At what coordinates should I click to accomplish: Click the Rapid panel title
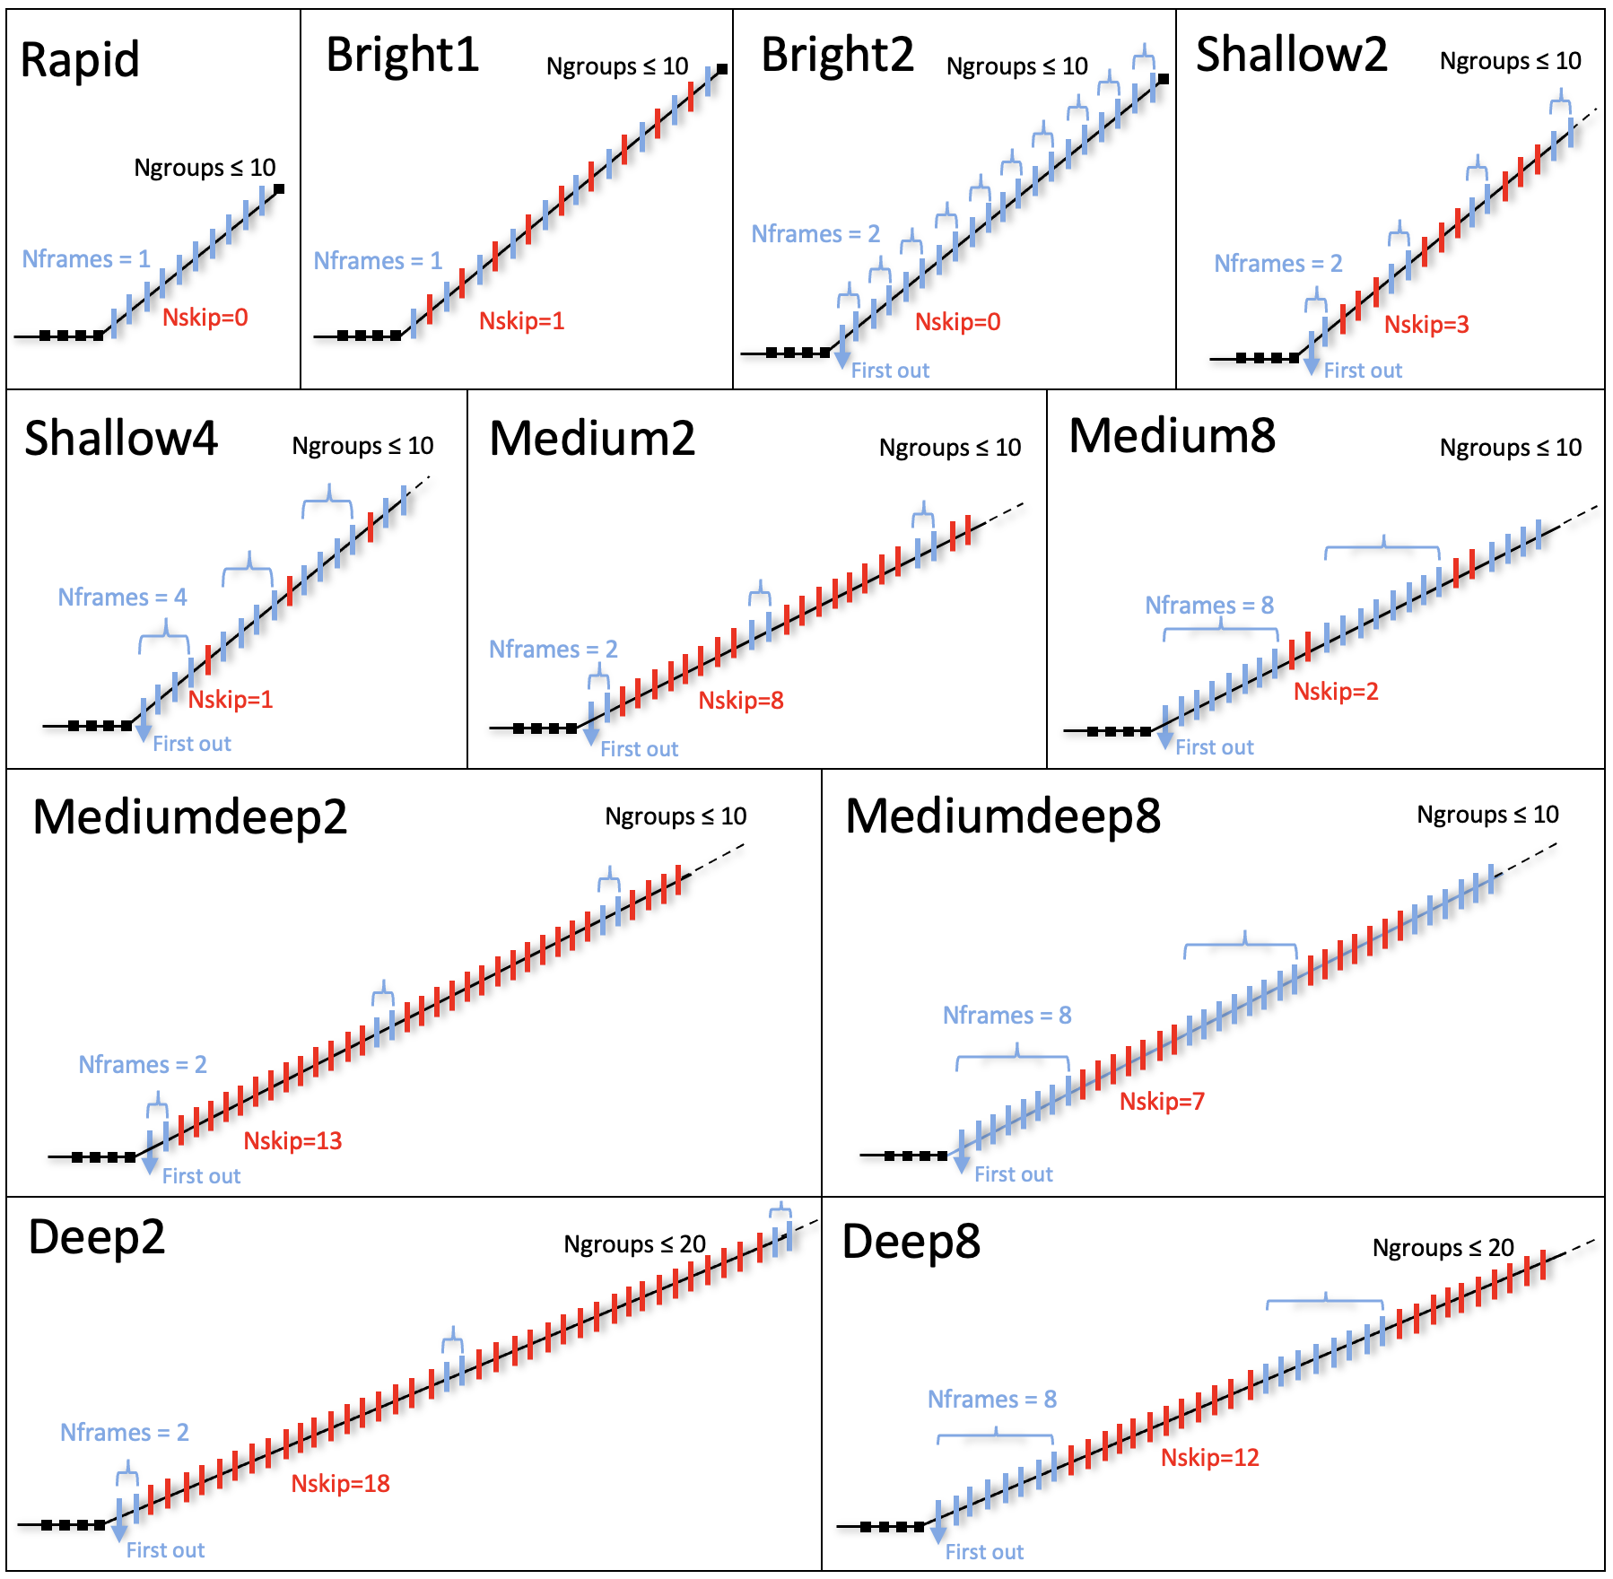[80, 61]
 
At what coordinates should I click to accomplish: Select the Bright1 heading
[402, 56]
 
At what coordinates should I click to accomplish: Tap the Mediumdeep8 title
[1002, 817]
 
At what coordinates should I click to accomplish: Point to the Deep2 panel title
[97, 1238]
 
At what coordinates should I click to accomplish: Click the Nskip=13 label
[292, 1141]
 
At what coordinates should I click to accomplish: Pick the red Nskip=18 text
[340, 1484]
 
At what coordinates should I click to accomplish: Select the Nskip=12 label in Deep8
[1209, 1458]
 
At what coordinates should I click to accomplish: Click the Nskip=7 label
[1162, 1102]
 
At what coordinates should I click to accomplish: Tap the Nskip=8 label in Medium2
[741, 701]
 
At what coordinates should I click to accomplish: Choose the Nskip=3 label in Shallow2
[1426, 325]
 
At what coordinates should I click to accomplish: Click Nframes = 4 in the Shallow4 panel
[122, 598]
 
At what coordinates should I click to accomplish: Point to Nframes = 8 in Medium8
[1209, 606]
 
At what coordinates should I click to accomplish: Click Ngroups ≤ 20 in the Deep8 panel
[1443, 1248]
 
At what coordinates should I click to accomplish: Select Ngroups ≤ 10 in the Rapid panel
[205, 168]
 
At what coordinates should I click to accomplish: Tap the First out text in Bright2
[890, 371]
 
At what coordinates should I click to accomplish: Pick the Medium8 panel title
[1172, 437]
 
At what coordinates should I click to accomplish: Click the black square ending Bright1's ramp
[722, 69]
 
